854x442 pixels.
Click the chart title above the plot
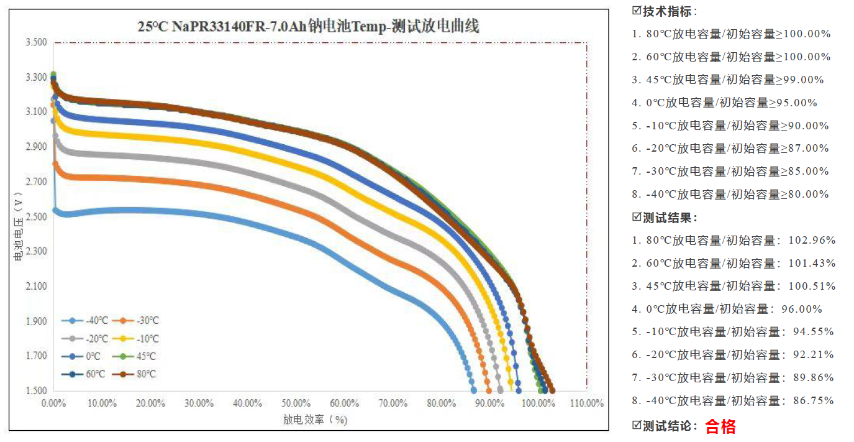coord(308,27)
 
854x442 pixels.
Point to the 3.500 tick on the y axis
coord(36,42)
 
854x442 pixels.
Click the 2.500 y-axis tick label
coord(36,216)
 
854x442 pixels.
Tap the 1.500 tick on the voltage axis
coord(36,390)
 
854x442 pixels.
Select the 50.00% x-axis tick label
coord(296,403)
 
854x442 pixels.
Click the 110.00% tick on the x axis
coord(586,403)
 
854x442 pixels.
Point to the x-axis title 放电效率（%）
coord(316,420)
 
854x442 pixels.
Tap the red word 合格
coord(720,426)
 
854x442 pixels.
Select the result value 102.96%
coord(812,240)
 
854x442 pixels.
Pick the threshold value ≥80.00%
coord(805,194)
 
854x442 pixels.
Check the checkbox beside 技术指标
coord(636,11)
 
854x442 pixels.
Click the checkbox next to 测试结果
coord(636,217)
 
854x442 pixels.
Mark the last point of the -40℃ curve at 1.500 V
coord(474,390)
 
